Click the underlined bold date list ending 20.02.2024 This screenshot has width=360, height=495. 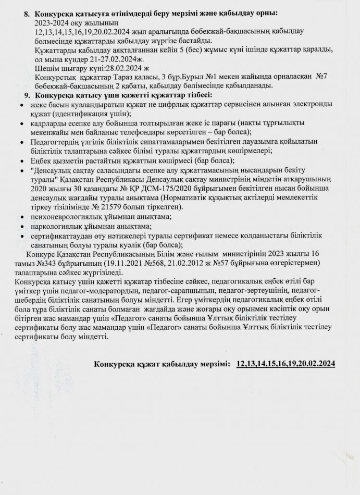coord(285,363)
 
